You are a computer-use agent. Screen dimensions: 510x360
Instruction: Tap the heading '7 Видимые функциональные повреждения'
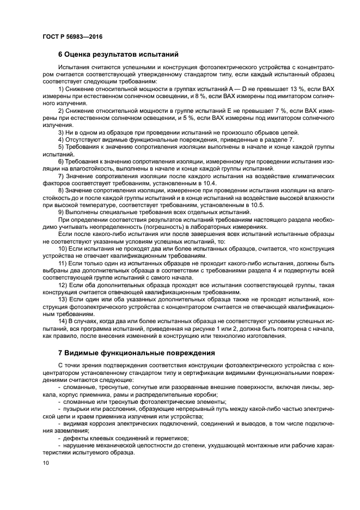136,353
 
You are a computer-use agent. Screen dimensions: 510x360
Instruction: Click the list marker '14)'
63,323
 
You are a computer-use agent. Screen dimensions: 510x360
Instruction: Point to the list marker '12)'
63,286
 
